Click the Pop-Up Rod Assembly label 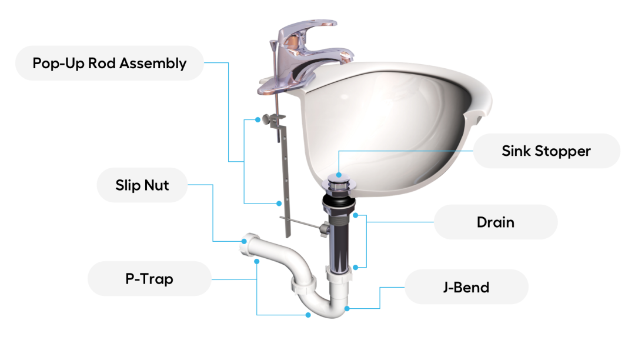coord(109,63)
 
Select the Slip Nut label coord(142,185)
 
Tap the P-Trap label coord(149,279)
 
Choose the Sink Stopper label coord(546,151)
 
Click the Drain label coord(496,222)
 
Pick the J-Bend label coord(466,287)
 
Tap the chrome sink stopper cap coord(339,183)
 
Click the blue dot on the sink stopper coord(339,175)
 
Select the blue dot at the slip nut coord(244,241)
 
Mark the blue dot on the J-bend coord(347,309)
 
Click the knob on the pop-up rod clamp coord(266,119)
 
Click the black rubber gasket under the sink coord(339,202)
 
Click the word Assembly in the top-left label coord(153,64)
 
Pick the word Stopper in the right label coord(563,151)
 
